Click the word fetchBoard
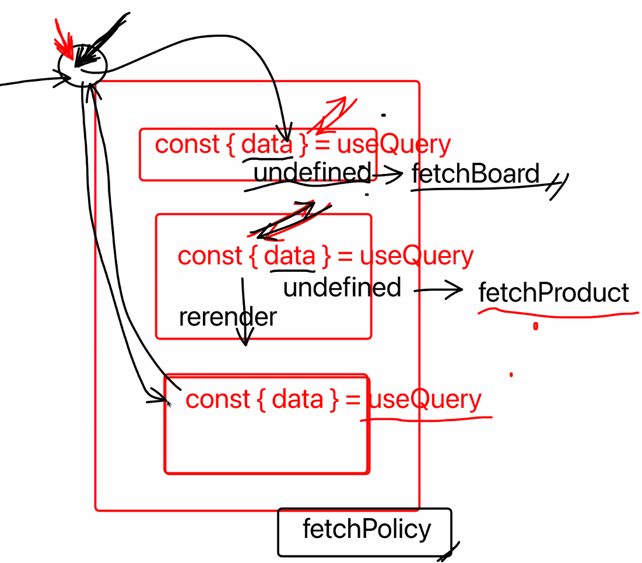coord(475,173)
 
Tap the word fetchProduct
coord(553,292)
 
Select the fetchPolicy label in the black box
coord(367,529)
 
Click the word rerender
coord(227,317)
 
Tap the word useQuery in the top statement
coord(394,144)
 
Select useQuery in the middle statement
coord(416,256)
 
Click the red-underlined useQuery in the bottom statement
coord(425,399)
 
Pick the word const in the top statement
coord(187,144)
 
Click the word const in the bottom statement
coord(218,399)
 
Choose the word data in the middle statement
coord(289,256)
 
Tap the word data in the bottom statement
coord(297,399)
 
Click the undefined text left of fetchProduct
coord(342,287)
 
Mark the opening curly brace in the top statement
coord(231,144)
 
